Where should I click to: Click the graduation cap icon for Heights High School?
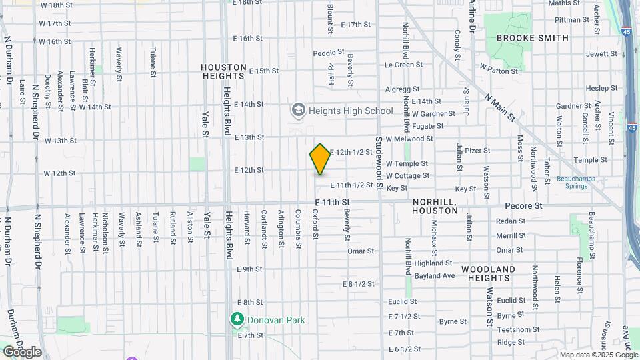click(298, 109)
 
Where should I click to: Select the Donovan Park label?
click(275, 320)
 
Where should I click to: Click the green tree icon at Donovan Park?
click(237, 320)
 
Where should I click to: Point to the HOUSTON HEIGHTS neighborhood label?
click(225, 72)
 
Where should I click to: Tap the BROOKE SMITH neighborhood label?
click(533, 38)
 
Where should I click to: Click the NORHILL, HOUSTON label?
click(435, 205)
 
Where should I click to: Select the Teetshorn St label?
click(517, 329)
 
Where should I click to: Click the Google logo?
click(22, 351)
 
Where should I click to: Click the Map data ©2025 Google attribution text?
click(598, 355)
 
